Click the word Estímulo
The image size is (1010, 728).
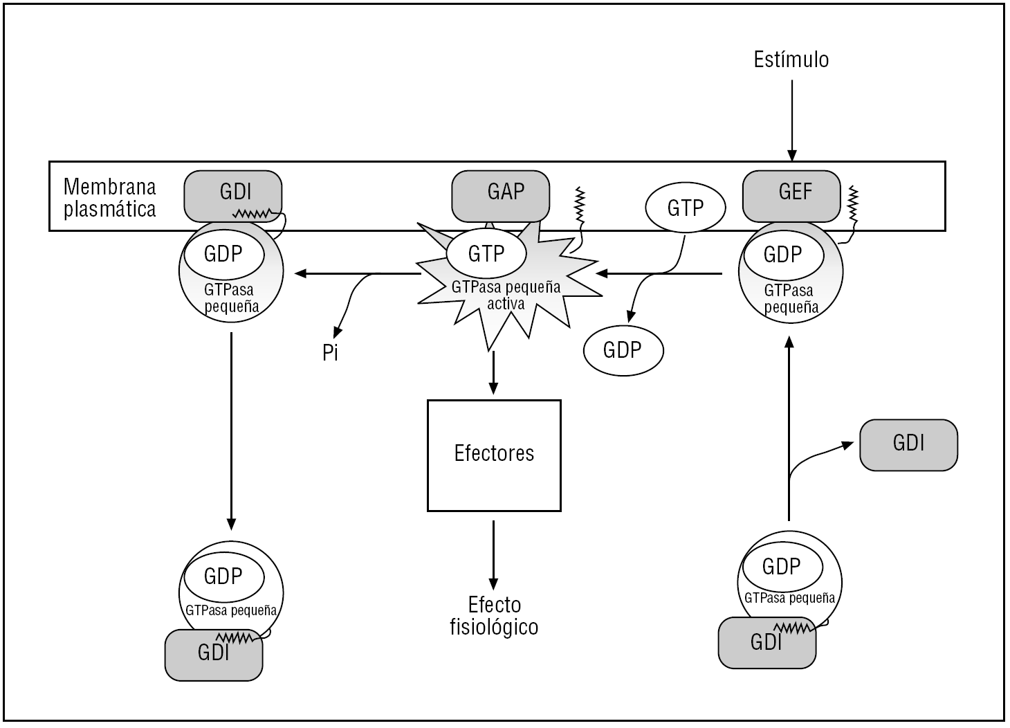(x=791, y=60)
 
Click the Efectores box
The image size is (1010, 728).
(x=494, y=455)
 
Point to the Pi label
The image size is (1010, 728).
(x=331, y=353)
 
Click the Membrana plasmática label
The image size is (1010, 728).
(x=109, y=197)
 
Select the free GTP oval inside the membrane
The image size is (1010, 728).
(x=685, y=208)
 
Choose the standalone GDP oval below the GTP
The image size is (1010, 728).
(x=623, y=350)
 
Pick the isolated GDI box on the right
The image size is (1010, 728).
(x=908, y=444)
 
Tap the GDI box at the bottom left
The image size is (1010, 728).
(x=213, y=655)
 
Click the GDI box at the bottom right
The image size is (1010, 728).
(x=766, y=644)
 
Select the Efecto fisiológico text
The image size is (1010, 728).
(x=494, y=616)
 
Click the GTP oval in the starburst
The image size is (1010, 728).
(x=486, y=254)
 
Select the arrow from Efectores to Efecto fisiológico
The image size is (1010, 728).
(x=493, y=554)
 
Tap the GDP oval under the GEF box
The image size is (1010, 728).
(x=782, y=255)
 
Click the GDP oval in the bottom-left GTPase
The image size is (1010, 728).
(x=223, y=576)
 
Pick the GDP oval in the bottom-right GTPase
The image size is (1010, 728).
(x=781, y=567)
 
